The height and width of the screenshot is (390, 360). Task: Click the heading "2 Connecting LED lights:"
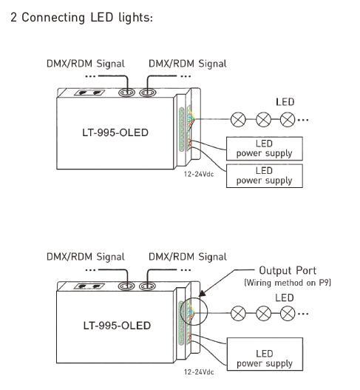pos(81,18)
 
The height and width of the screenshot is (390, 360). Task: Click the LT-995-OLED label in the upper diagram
pos(115,132)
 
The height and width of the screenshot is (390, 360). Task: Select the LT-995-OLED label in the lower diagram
pos(117,326)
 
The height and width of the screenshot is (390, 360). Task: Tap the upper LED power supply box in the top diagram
pos(265,149)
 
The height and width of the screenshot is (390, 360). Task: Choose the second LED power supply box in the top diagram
pos(265,175)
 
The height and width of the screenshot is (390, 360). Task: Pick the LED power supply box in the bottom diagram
pos(265,354)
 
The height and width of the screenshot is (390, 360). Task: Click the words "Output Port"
pos(288,271)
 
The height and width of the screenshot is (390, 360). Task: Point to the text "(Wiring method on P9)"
pos(288,283)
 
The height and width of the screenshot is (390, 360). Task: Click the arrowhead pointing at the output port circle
pos(203,293)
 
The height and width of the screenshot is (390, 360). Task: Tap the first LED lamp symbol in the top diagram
pos(238,119)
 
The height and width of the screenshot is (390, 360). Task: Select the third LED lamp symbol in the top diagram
pos(288,119)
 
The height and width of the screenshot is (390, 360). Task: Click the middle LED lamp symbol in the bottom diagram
pos(263,313)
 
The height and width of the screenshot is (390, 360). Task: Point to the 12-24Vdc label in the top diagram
pos(199,174)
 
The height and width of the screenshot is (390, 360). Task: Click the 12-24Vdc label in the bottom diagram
pos(199,372)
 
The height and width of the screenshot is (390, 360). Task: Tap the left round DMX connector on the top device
pos(126,93)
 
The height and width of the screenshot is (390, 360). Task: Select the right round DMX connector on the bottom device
pos(147,286)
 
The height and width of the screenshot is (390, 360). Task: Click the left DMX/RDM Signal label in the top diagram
pos(86,64)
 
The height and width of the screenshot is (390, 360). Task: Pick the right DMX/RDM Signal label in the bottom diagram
pos(188,257)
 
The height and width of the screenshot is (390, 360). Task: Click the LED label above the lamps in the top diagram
pos(285,102)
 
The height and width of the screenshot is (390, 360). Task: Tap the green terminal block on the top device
pos(182,129)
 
